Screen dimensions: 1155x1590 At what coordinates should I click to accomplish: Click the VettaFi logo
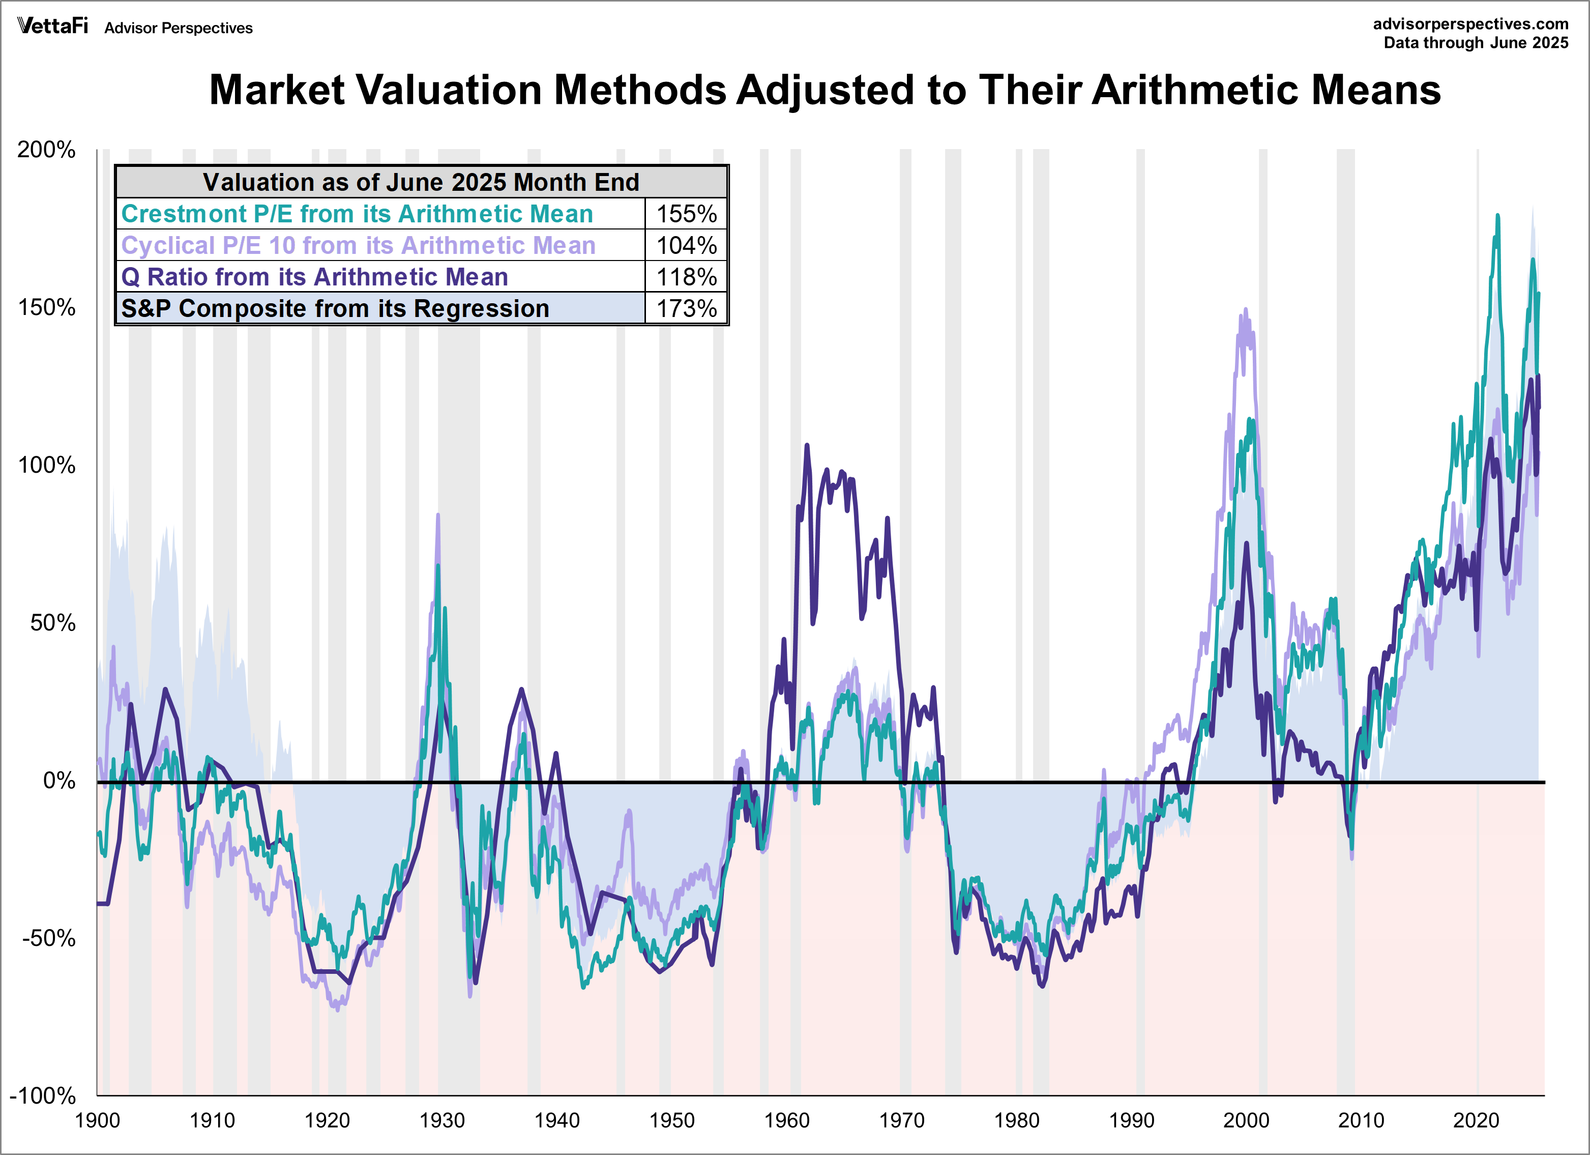coord(52,26)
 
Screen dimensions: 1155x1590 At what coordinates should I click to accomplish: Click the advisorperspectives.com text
coord(1470,24)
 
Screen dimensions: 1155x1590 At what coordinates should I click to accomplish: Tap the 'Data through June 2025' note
coord(1475,43)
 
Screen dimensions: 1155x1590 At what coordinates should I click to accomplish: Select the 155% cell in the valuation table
coord(686,214)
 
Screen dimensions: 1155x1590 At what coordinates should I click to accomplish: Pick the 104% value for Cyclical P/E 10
coord(686,245)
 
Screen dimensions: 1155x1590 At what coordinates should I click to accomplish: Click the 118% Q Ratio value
coord(686,277)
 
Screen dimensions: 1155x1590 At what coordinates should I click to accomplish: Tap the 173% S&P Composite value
coord(686,308)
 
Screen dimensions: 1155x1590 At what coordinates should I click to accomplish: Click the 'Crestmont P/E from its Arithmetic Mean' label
coord(357,214)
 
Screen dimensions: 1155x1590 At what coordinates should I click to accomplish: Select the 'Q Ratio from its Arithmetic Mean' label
coord(314,277)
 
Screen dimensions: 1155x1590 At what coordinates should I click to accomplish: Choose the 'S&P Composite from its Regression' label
coord(335,308)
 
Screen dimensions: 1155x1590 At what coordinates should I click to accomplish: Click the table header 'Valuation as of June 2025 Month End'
coord(421,182)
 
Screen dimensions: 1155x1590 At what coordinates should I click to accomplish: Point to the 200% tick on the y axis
coord(46,150)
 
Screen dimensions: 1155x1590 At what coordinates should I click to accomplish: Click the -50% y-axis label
coord(48,938)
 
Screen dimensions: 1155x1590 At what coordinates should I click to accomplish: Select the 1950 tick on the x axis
coord(671,1120)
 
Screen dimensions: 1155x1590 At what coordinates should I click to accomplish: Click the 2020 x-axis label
coord(1476,1120)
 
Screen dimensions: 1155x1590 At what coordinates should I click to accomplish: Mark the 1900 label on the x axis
coord(98,1120)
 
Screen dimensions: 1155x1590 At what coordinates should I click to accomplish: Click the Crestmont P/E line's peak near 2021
coord(1497,216)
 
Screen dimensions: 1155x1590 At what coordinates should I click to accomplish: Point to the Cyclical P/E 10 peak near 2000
coord(1245,309)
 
